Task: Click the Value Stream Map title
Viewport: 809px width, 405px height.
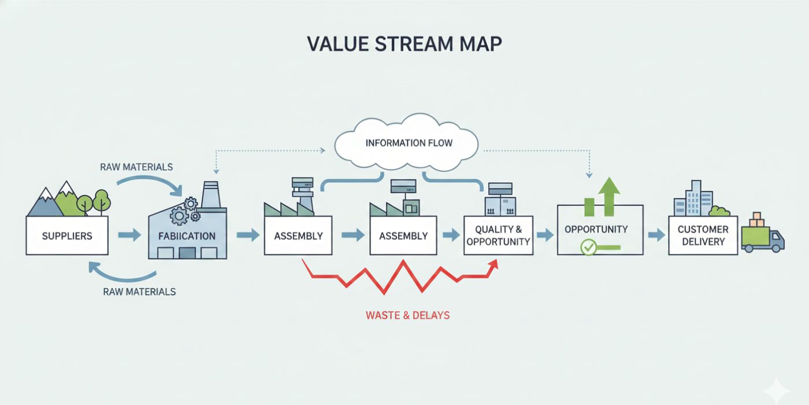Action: tap(404, 44)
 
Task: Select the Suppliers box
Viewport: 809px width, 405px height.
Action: tap(67, 235)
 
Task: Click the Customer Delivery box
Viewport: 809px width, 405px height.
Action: tap(703, 235)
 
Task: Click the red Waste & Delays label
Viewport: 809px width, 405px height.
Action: tap(407, 315)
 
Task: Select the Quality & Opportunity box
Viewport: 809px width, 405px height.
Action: tap(498, 235)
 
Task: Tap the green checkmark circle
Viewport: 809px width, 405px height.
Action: tap(588, 248)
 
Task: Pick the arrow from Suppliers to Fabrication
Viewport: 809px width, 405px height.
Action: tap(129, 235)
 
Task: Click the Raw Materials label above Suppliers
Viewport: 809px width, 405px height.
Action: tap(136, 167)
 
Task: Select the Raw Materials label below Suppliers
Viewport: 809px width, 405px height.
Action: tap(139, 292)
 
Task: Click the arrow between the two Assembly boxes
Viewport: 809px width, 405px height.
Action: tap(352, 235)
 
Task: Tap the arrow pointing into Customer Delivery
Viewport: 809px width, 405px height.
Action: tap(656, 235)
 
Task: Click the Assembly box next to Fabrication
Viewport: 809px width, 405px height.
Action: tap(298, 235)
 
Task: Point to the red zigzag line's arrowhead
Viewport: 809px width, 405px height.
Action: tap(493, 264)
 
